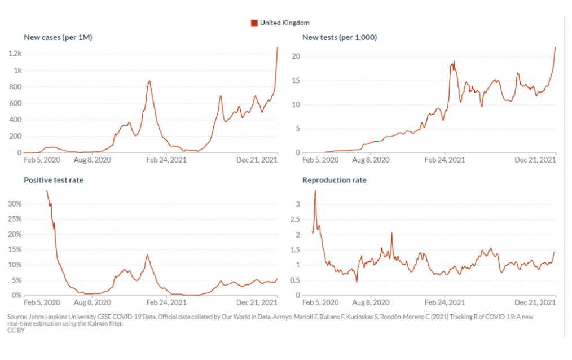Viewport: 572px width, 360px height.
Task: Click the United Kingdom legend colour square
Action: coord(254,23)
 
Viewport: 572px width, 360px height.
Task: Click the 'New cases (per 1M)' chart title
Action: coord(58,38)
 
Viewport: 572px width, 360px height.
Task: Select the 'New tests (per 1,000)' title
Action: coord(340,38)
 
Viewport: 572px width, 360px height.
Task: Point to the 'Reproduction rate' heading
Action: coord(334,181)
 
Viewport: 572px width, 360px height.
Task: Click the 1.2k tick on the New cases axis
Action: coord(15,54)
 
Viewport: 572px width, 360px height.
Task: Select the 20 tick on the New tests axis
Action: coord(294,56)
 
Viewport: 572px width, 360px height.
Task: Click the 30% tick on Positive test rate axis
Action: coord(15,204)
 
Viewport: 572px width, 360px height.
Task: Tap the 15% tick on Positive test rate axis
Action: coord(15,249)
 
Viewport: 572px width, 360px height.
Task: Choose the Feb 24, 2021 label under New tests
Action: coord(445,160)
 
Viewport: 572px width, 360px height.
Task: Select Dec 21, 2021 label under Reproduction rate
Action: coord(535,302)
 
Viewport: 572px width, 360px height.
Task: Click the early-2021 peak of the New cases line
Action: coord(149,81)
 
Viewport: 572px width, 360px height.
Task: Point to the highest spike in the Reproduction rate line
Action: coord(315,191)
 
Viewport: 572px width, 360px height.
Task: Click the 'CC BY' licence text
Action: coord(16,331)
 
